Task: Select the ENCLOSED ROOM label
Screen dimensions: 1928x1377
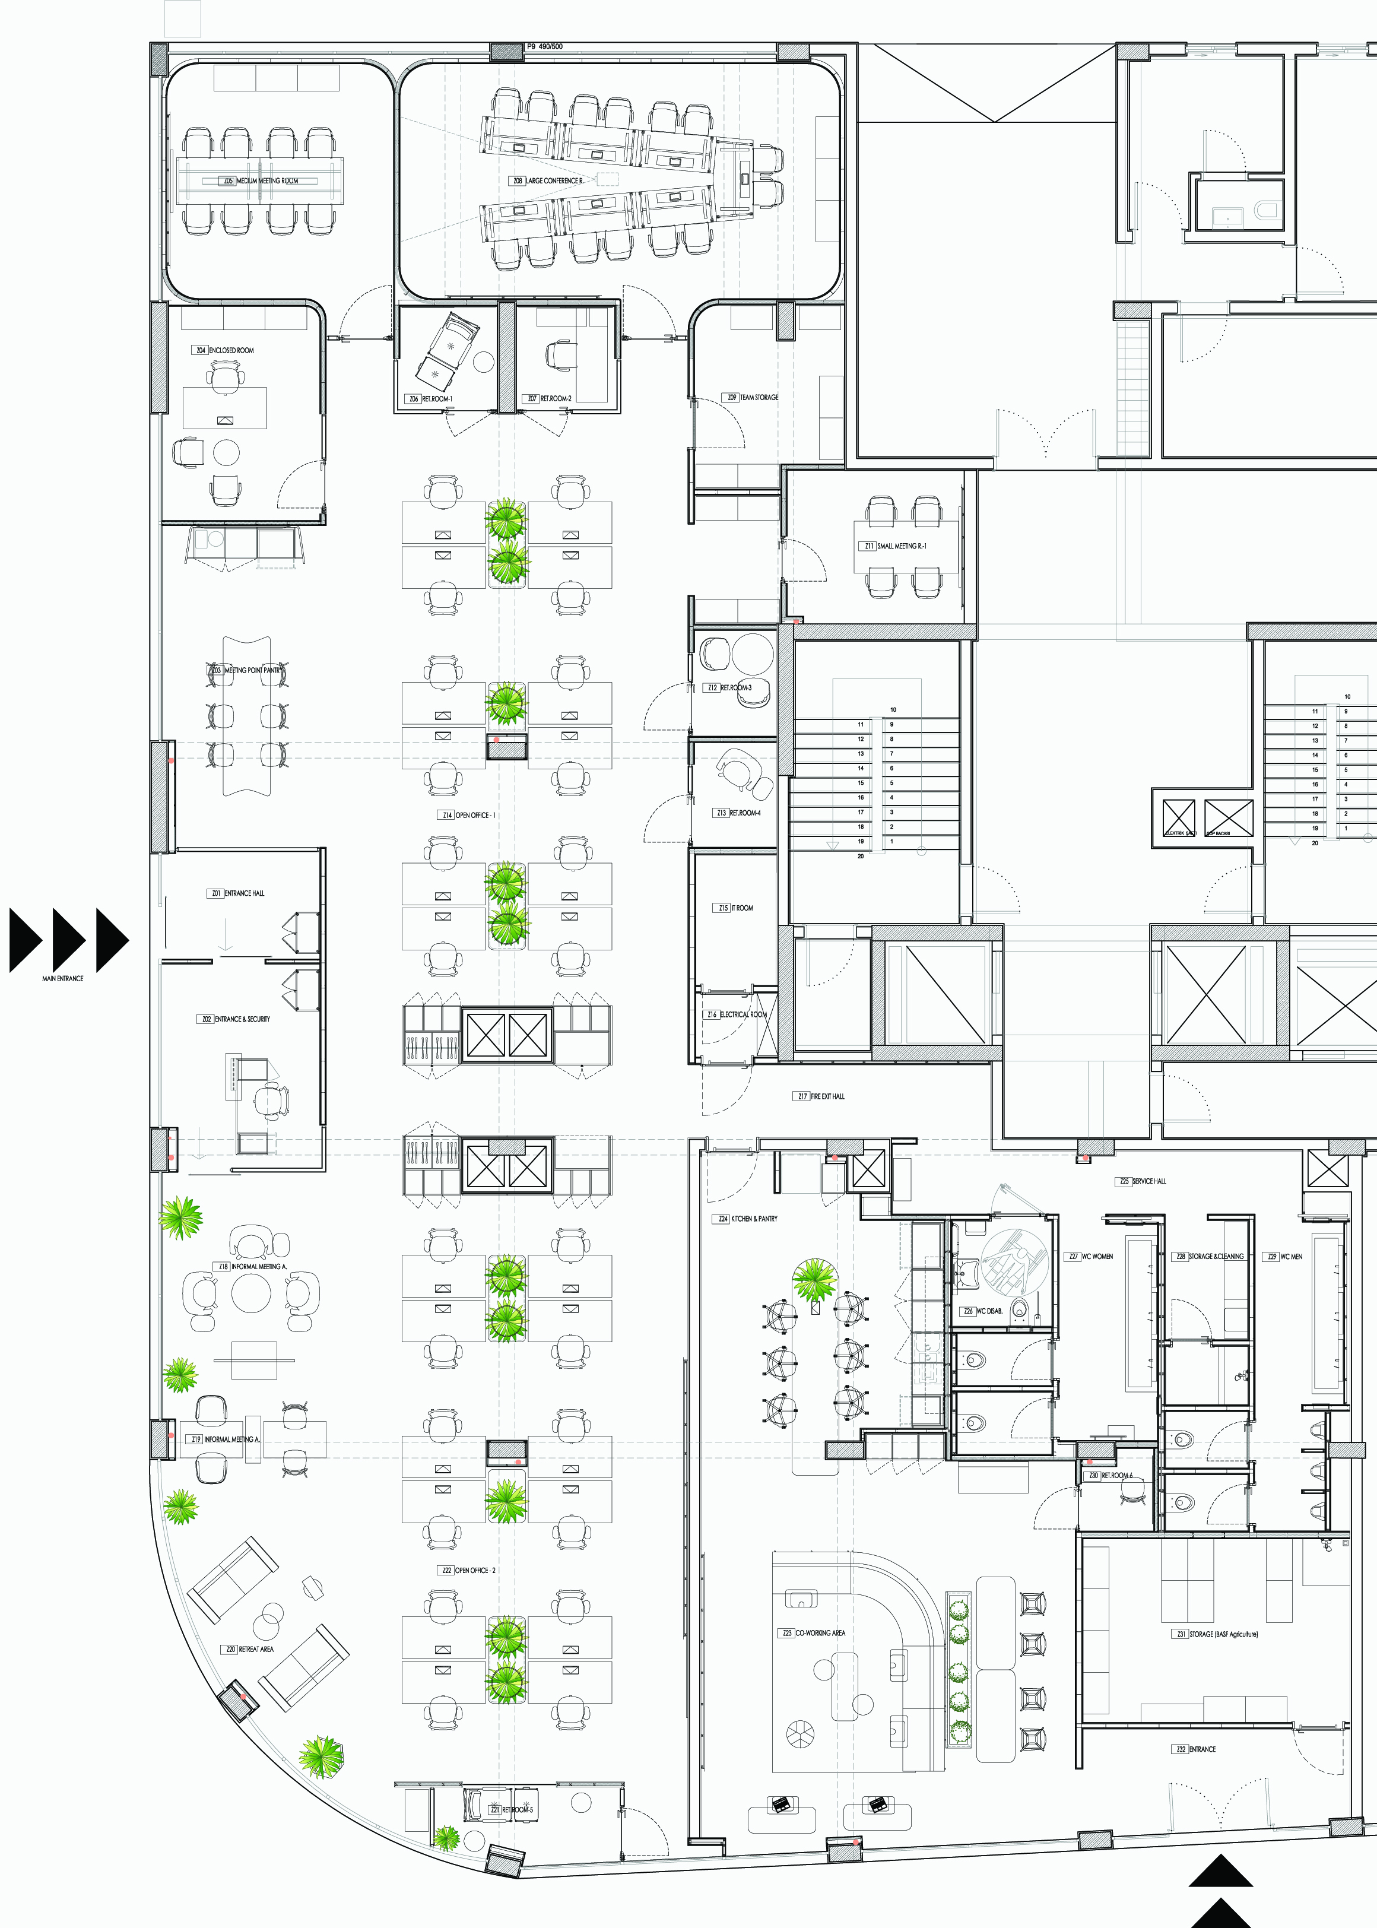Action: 231,350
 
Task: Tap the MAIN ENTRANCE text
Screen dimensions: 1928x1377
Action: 63,978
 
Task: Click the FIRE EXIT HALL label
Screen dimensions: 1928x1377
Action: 827,1096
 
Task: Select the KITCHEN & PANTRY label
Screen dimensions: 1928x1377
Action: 753,1218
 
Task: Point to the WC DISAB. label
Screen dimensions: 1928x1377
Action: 989,1311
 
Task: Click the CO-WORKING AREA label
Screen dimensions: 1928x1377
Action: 819,1633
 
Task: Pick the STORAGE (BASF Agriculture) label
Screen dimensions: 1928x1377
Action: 1223,1634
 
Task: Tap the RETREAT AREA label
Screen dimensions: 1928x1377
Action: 255,1649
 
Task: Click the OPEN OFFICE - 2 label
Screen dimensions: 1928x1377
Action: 475,1570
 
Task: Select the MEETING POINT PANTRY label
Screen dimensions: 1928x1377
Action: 252,670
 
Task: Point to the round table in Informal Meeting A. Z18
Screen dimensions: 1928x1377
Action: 252,1294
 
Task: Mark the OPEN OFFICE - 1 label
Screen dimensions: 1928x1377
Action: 475,815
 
